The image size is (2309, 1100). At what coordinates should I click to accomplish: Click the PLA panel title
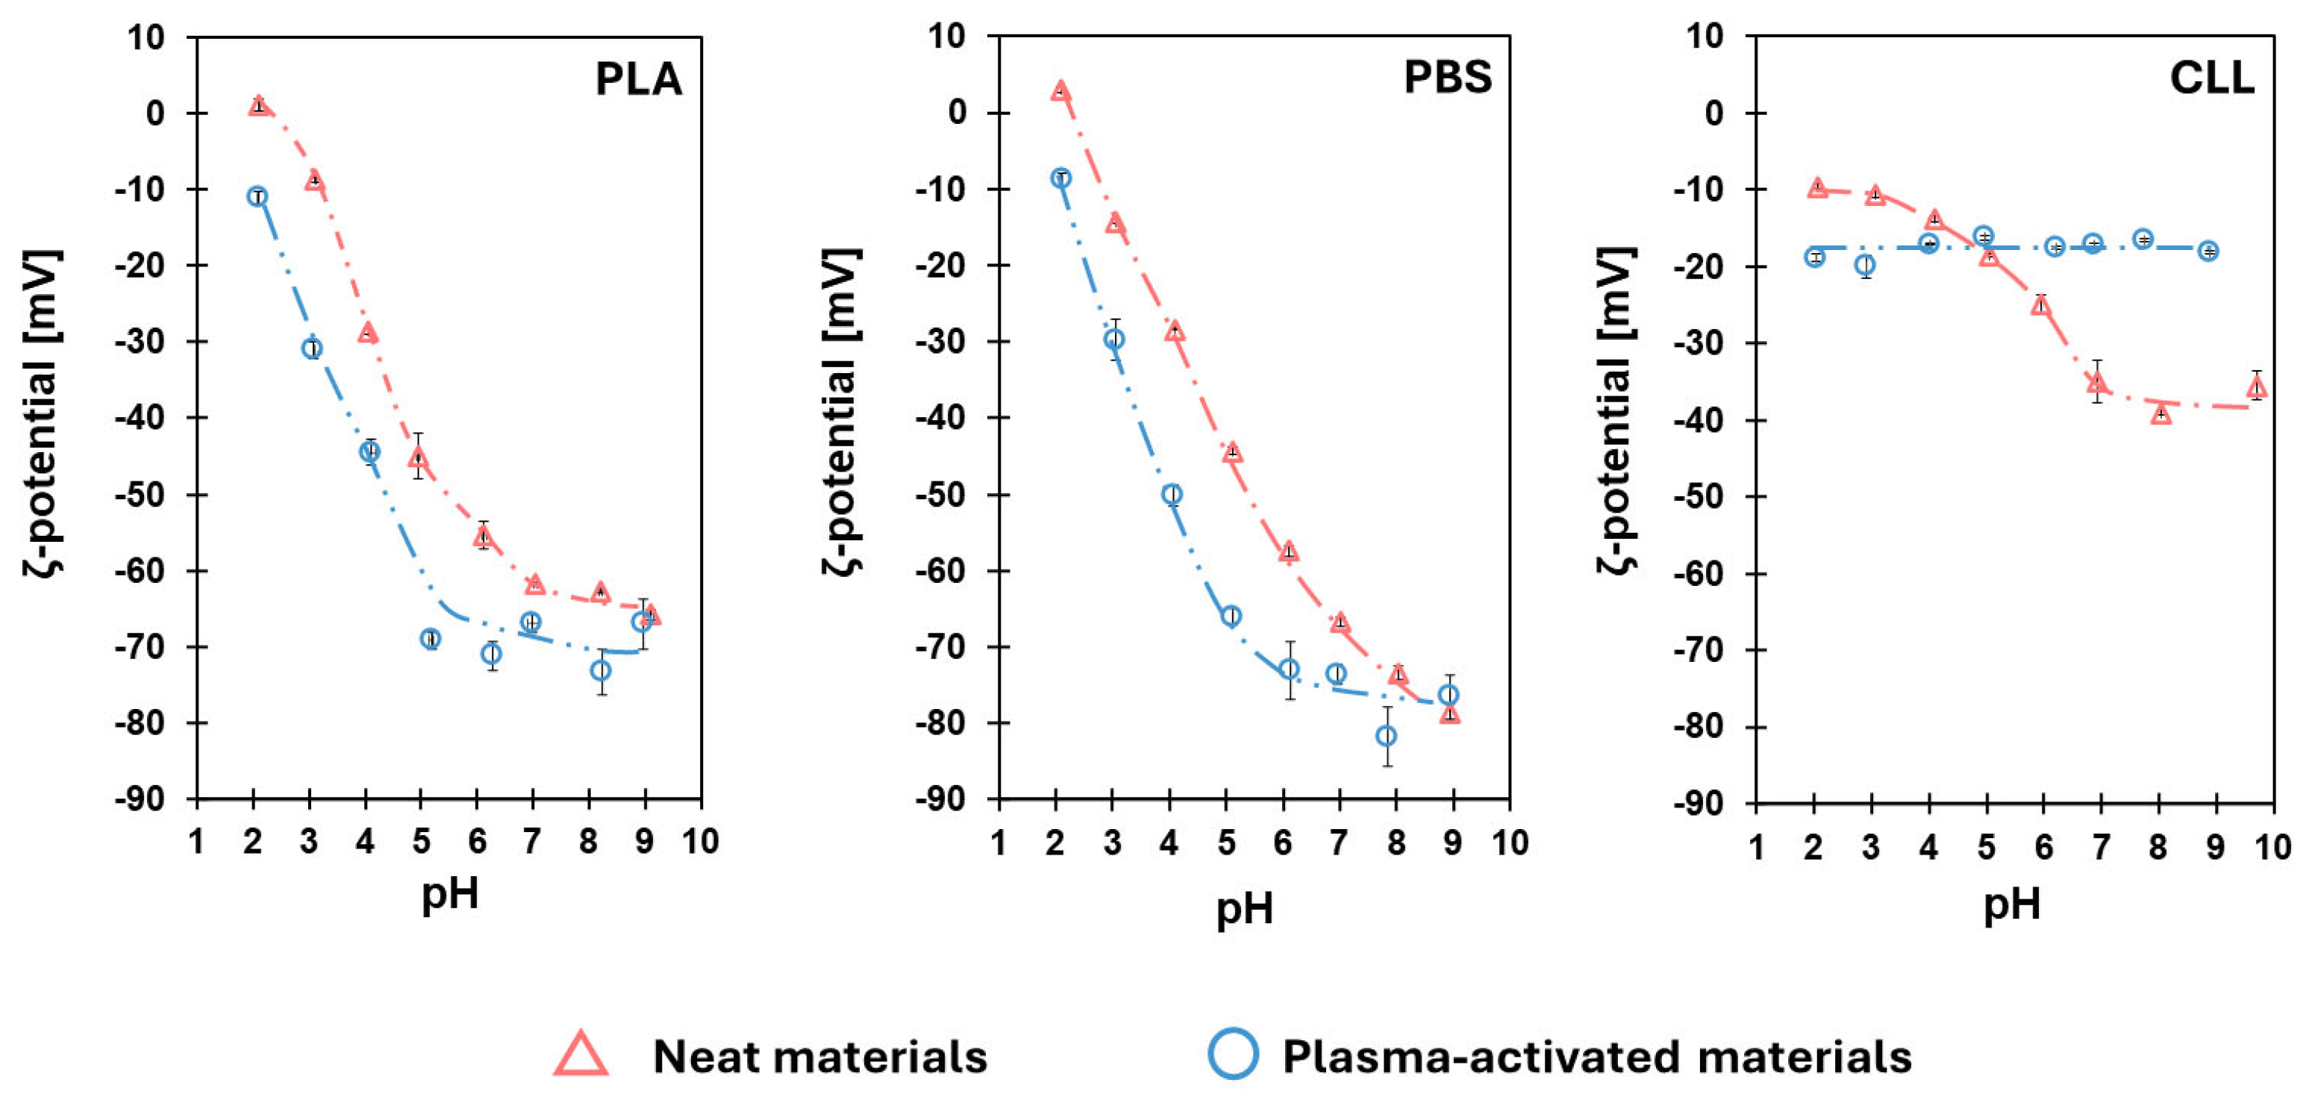click(x=638, y=79)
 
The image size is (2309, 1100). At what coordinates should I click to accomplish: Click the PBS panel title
click(x=1447, y=77)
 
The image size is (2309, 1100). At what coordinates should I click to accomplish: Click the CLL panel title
click(x=2211, y=78)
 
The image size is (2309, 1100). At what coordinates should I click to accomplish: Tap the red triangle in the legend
click(x=581, y=1055)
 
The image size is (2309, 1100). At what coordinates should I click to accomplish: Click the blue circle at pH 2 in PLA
click(x=257, y=196)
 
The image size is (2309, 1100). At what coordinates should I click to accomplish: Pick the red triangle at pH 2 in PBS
click(x=1060, y=90)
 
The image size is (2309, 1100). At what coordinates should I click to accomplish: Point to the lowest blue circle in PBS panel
click(x=1386, y=736)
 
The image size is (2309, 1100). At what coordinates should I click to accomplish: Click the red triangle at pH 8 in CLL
click(x=2161, y=413)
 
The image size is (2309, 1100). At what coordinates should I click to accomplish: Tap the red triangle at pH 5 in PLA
click(x=418, y=457)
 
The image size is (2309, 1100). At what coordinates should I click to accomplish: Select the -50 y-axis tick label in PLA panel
click(x=142, y=495)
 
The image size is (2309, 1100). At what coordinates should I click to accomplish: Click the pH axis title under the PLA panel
click(x=450, y=894)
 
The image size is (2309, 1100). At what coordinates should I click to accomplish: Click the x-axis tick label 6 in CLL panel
click(x=2043, y=847)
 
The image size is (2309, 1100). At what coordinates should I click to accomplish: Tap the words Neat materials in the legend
click(x=819, y=1056)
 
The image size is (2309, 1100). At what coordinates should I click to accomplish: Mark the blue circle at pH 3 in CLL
click(x=1865, y=264)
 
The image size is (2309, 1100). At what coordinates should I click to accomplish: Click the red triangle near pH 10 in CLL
click(x=2257, y=387)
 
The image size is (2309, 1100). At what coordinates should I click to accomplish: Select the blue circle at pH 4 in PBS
click(x=1172, y=494)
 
